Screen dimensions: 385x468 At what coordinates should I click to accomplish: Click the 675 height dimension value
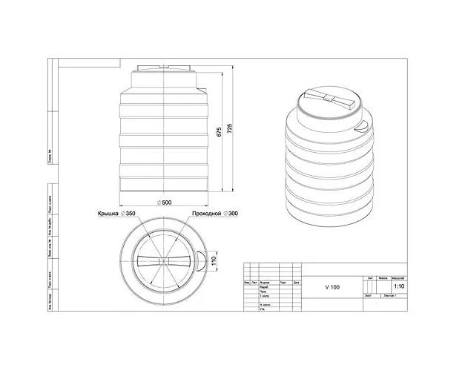pos(220,132)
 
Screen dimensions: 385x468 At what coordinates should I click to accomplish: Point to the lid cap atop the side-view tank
pos(164,71)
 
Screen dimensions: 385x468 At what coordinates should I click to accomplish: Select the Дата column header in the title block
pos(296,283)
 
